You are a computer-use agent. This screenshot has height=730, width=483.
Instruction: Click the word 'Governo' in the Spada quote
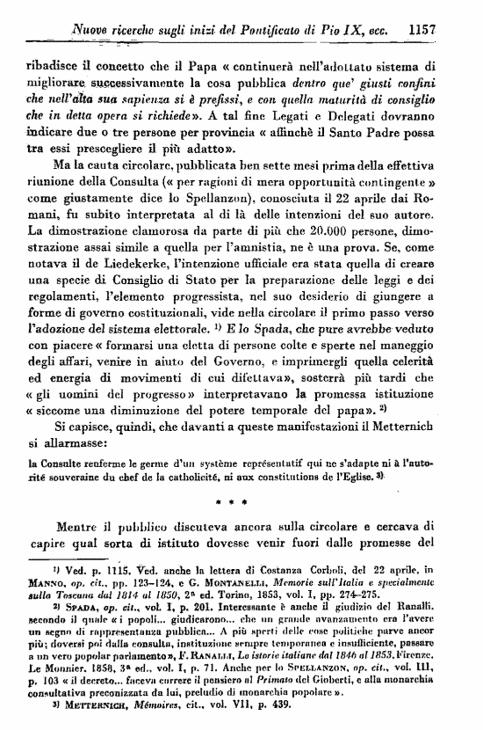[x=248, y=382]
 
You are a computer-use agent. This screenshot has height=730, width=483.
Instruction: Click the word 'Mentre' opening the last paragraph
[x=80, y=526]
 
